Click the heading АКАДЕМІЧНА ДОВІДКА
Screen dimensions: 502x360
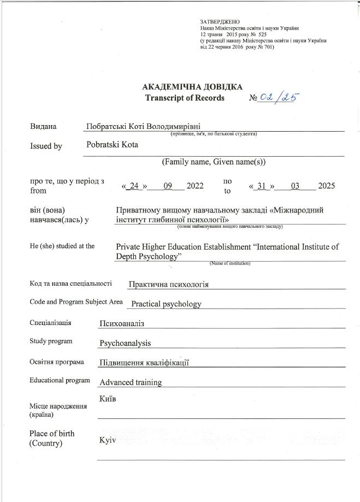pos(192,87)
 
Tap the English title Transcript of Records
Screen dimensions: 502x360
pos(185,98)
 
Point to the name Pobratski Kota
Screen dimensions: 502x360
pos(112,145)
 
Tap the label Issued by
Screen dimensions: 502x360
pos(46,146)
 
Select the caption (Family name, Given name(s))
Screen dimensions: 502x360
pos(214,162)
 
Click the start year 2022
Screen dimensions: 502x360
pos(195,186)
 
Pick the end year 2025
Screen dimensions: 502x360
pos(326,186)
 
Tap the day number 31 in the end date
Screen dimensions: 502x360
pos(262,186)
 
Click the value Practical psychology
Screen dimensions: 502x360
pos(166,304)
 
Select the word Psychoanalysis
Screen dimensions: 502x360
pos(125,343)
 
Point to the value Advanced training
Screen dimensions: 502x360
pos(131,382)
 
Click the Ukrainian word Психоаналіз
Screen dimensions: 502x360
pos(121,323)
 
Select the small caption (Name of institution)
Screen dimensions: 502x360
pos(229,263)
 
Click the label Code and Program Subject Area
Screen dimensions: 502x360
pos(76,302)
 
